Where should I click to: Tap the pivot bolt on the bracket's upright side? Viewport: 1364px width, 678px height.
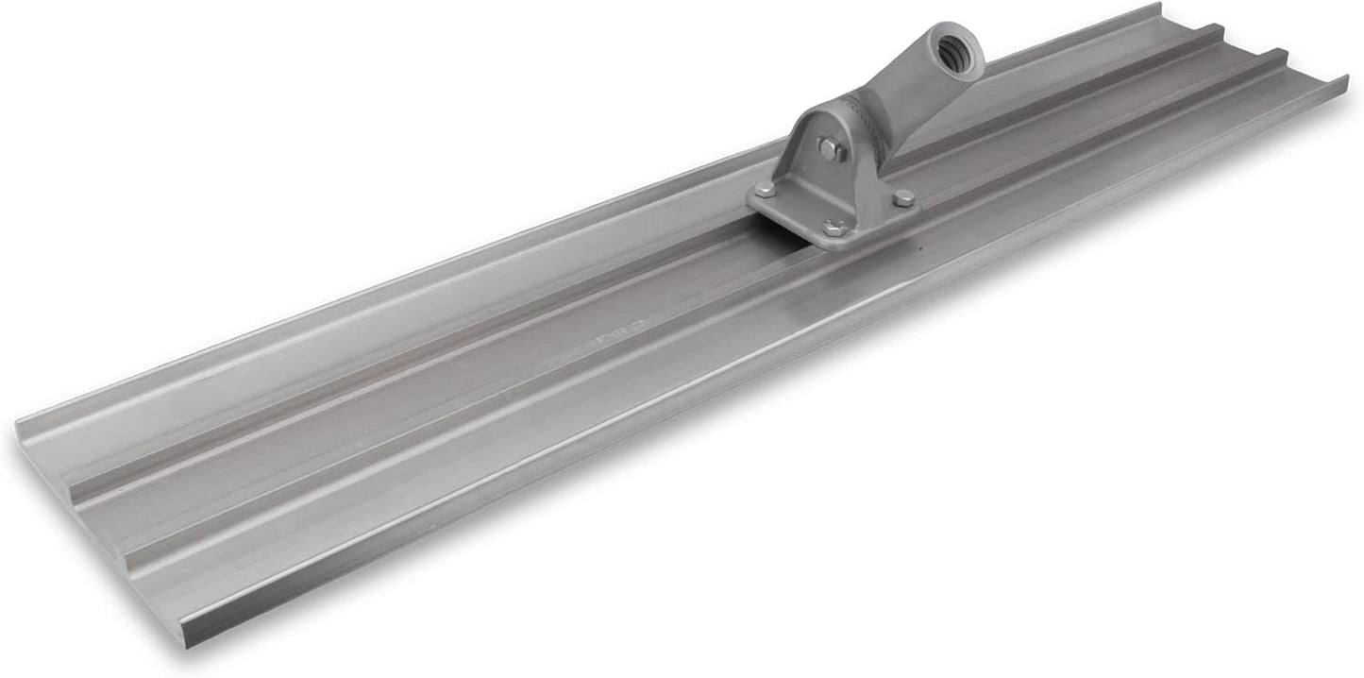click(x=829, y=148)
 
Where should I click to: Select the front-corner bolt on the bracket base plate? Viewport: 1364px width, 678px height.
click(x=834, y=228)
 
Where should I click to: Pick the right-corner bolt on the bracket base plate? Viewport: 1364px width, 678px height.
click(x=903, y=197)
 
